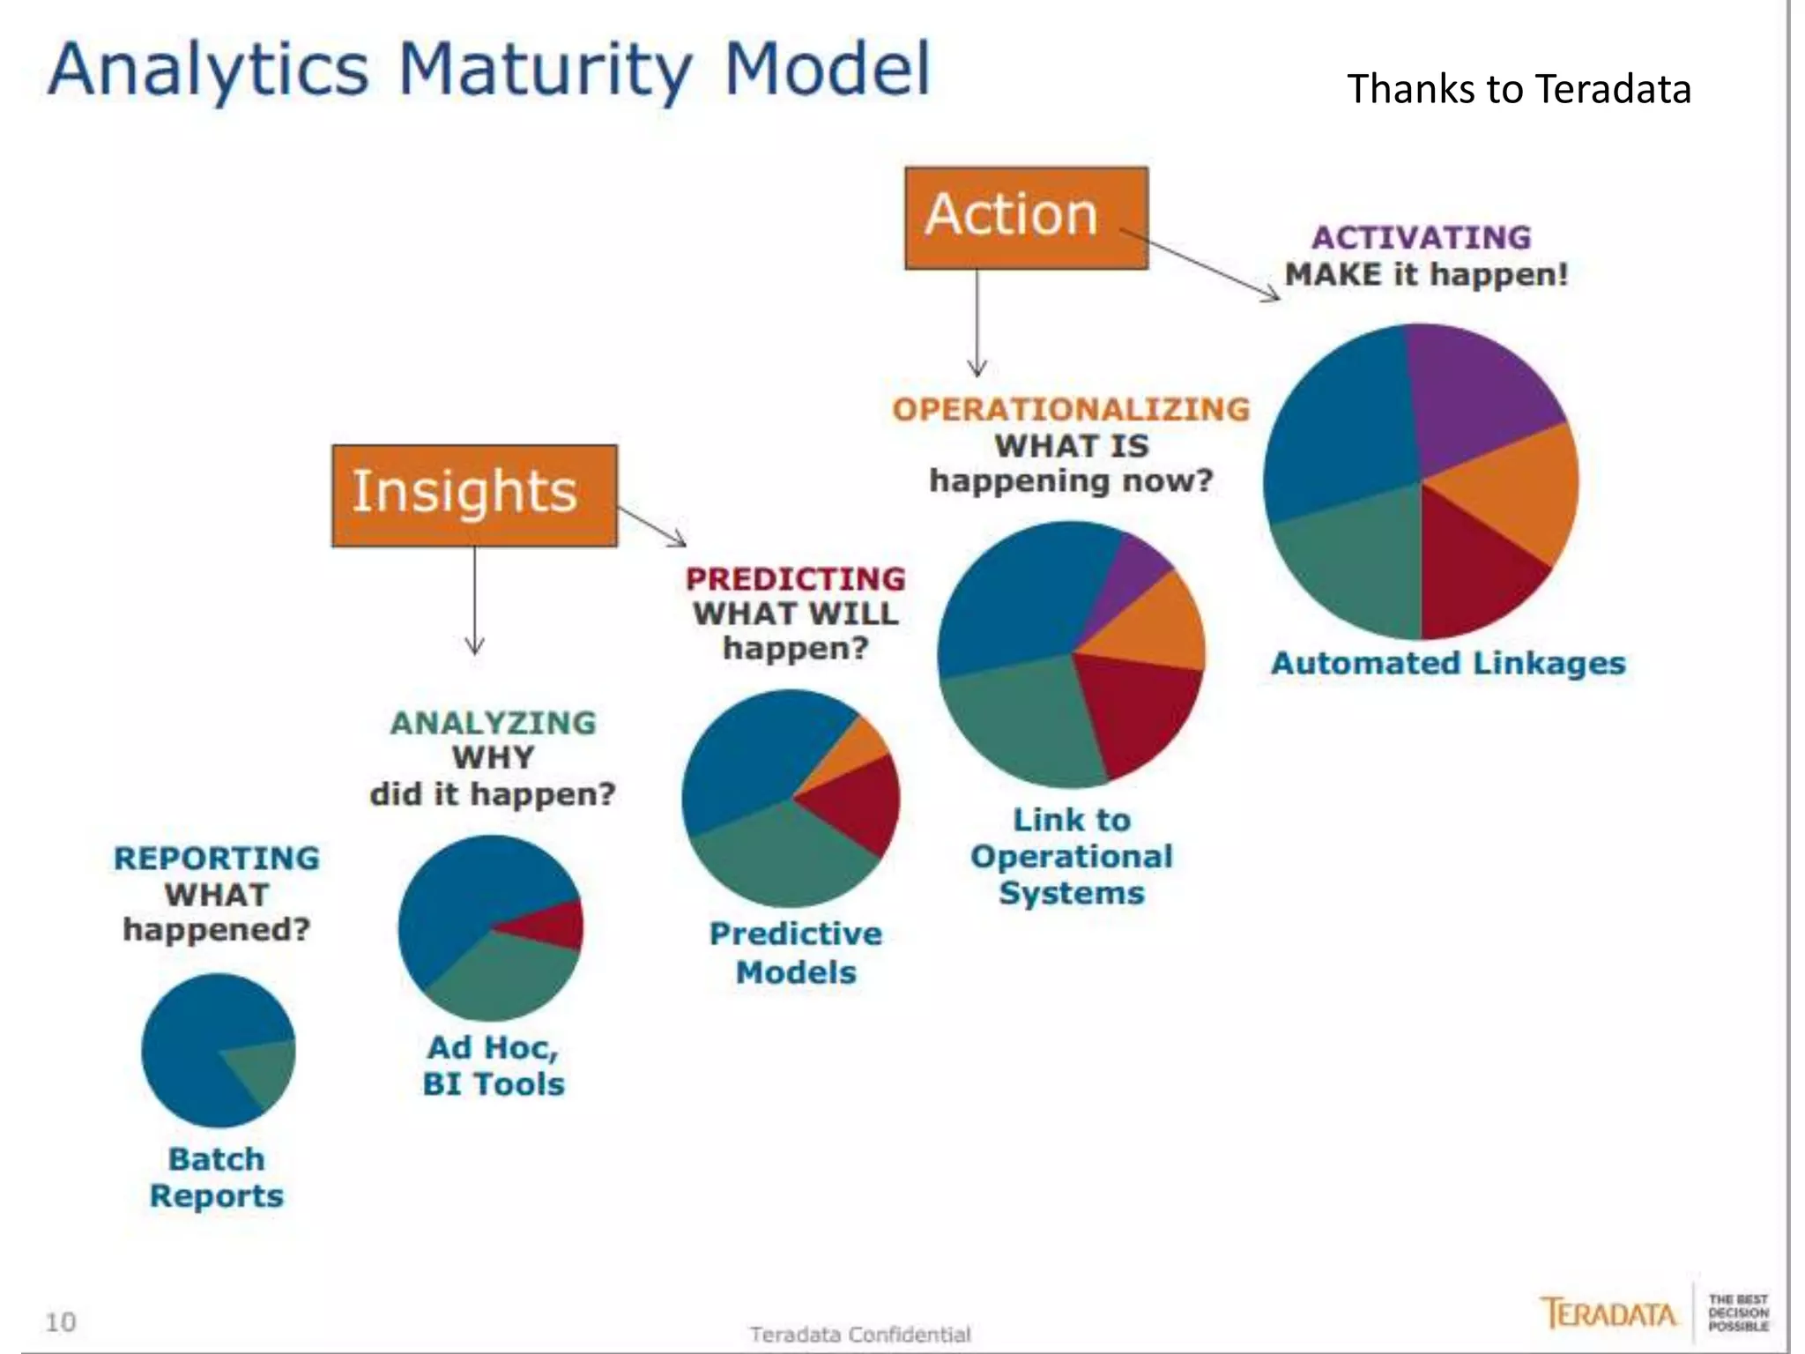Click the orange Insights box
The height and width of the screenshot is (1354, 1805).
pyautogui.click(x=474, y=495)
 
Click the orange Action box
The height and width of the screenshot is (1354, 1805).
pyautogui.click(x=1026, y=218)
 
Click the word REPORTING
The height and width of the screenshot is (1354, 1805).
pyautogui.click(x=217, y=858)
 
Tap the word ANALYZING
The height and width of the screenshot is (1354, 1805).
pyautogui.click(x=493, y=723)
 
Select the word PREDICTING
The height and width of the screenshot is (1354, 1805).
pyautogui.click(x=795, y=578)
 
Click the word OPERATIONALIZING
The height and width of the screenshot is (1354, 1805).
pyautogui.click(x=1071, y=409)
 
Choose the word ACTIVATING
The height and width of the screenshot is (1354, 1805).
pyautogui.click(x=1421, y=237)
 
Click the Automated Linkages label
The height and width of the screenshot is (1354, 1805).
pyautogui.click(x=1447, y=663)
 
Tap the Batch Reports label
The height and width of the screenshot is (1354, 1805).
pyautogui.click(x=217, y=1177)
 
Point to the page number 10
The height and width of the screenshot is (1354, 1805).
pyautogui.click(x=61, y=1321)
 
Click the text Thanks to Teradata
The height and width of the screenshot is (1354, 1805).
pyautogui.click(x=1518, y=89)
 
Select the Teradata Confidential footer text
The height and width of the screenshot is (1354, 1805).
pyautogui.click(x=859, y=1335)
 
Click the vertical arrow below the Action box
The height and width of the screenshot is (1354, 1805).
pyautogui.click(x=977, y=322)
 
